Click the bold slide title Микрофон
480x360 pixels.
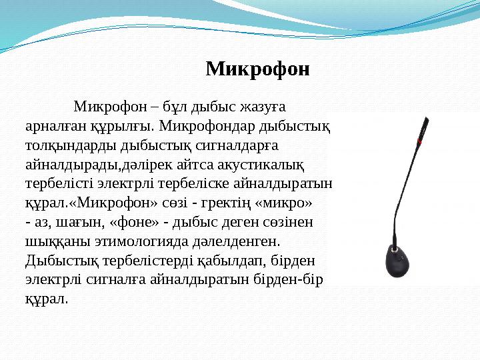[257, 69]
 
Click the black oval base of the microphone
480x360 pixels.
[402, 263]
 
